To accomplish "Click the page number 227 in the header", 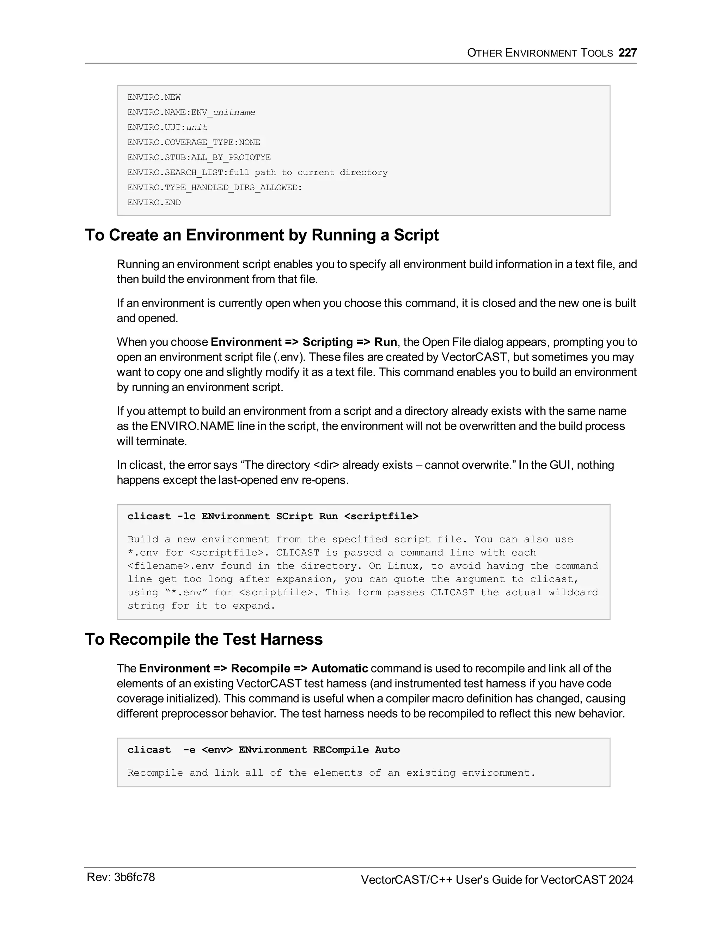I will coord(628,53).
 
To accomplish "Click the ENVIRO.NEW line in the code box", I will coord(154,98).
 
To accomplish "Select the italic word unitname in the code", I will coord(234,112).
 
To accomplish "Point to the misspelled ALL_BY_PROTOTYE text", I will coord(231,158).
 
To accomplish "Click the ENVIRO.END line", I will coord(154,203).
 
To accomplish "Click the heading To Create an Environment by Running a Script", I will coord(262,235).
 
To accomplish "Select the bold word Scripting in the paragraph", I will coord(327,342).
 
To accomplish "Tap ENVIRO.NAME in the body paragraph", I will coord(192,426).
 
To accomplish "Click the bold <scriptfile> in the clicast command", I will coord(381,516).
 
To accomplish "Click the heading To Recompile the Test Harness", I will coord(204,639).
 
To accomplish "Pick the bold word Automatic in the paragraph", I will coord(339,668).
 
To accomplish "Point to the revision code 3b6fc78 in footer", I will coord(134,878).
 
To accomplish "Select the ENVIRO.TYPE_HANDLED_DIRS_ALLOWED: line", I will coord(214,188).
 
